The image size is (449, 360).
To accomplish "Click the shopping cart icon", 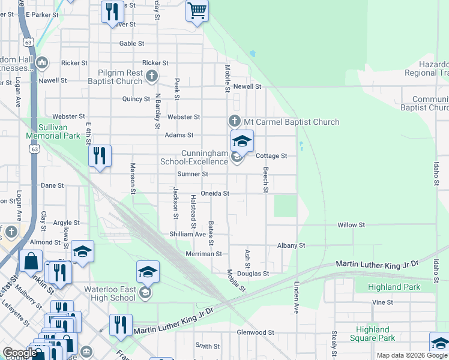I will (197, 11).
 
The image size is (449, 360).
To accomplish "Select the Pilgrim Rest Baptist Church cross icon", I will (152, 76).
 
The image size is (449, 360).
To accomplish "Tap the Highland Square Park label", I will (381, 334).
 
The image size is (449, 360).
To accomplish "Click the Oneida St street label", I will (215, 194).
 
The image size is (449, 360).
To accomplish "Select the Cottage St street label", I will (271, 156).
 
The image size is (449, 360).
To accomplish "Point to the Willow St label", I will (351, 225).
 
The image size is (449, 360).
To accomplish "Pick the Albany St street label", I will (291, 245).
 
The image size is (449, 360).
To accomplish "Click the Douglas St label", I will (253, 274).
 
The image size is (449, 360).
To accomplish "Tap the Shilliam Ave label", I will (187, 235).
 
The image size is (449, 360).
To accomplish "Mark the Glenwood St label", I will (255, 332).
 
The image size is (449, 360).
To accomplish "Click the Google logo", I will (20, 353).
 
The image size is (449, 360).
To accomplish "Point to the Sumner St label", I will (192, 174).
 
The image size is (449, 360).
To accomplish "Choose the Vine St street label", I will (382, 302).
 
